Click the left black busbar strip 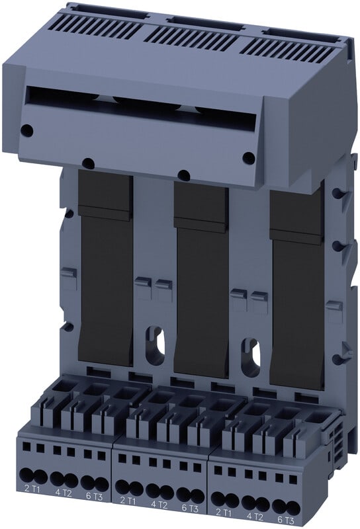point(105,266)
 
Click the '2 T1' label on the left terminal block point(32,489)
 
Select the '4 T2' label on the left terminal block point(64,493)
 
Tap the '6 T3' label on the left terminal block point(94,497)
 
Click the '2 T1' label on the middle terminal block point(128,501)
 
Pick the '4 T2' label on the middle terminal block point(159,505)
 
